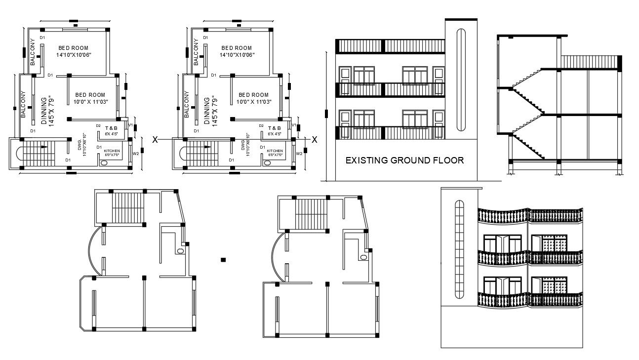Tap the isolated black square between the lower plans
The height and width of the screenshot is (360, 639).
tap(223, 259)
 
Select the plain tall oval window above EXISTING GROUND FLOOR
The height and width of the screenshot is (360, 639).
tap(461, 81)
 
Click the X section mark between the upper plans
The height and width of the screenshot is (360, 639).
tap(155, 140)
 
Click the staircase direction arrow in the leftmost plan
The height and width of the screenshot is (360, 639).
tap(44, 146)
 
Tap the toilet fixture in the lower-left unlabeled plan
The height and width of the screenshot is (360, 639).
tap(180, 251)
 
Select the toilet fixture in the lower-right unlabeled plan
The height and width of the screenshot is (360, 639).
tap(363, 257)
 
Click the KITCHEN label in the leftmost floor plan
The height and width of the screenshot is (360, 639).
tap(112, 151)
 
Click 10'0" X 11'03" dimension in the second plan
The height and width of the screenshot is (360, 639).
tap(254, 101)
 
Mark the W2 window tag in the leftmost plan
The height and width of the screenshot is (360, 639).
tap(136, 154)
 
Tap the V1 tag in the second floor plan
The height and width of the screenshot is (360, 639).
tap(293, 125)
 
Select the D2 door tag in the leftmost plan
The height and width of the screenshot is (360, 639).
tap(98, 126)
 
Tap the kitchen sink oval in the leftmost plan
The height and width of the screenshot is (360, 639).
tap(104, 162)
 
